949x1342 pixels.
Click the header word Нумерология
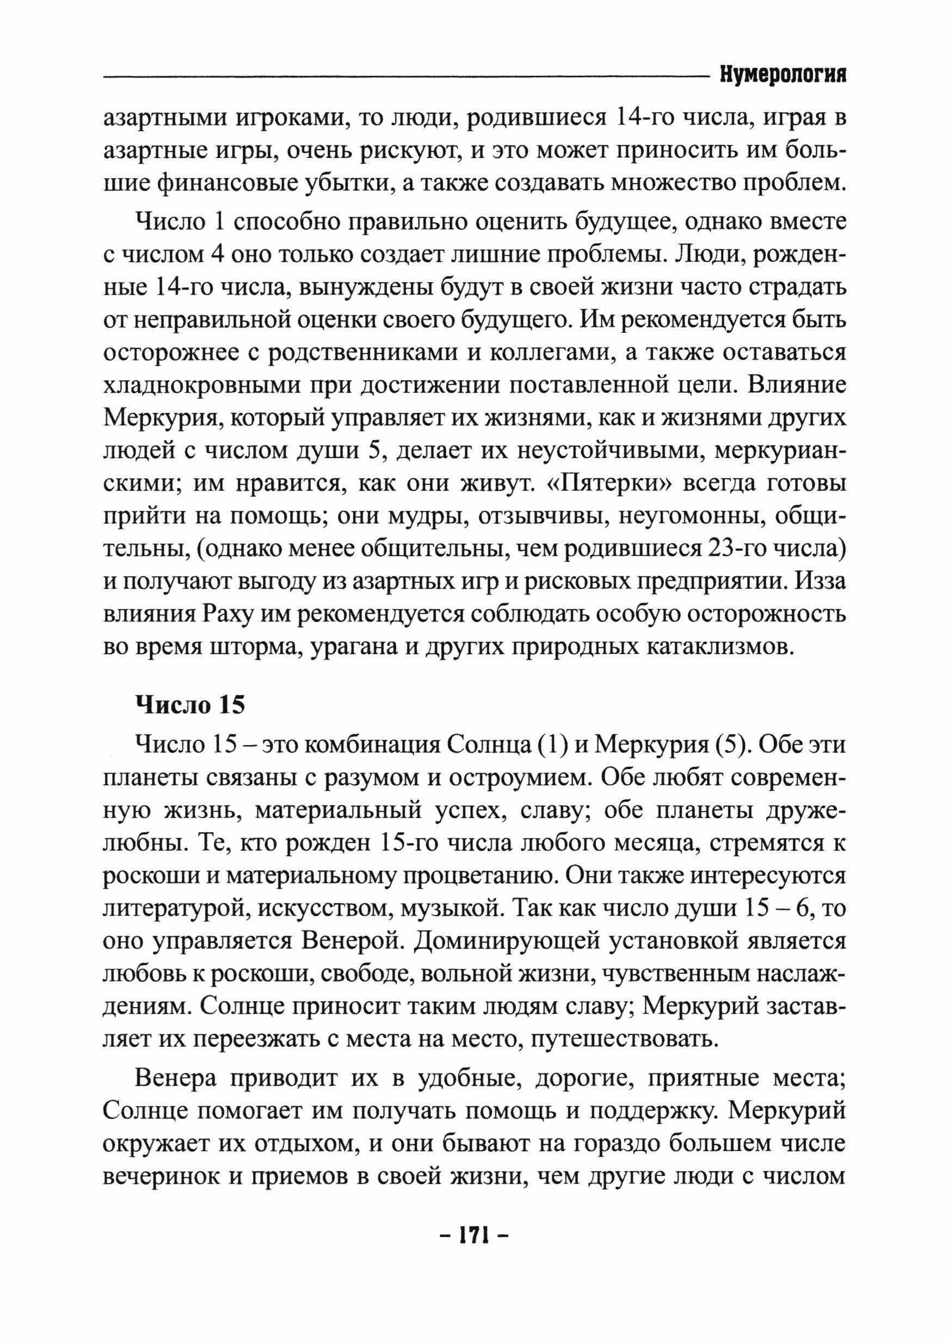782,75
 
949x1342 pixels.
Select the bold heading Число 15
190,705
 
